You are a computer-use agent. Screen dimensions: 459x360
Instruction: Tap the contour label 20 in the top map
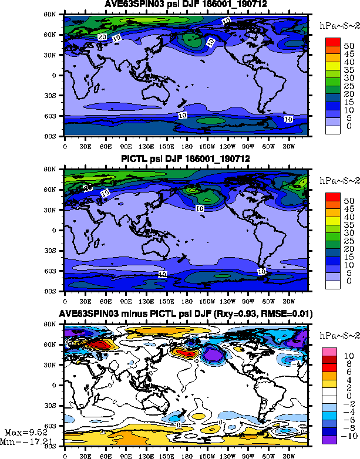click(x=102, y=37)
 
